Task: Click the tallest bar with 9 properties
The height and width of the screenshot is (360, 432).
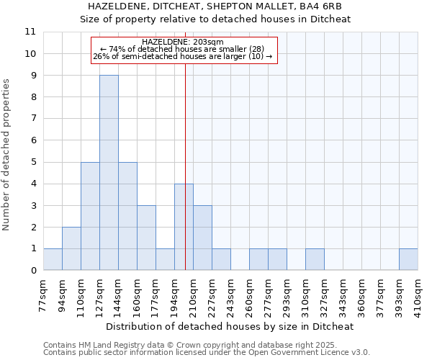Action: [109, 173]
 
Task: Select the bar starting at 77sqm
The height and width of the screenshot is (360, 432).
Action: [53, 259]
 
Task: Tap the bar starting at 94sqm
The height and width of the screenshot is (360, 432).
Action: [71, 248]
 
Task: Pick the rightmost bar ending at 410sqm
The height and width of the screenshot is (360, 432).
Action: [408, 259]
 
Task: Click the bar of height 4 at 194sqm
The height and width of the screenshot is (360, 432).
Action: [184, 227]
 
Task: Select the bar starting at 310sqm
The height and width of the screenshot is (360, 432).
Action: [315, 259]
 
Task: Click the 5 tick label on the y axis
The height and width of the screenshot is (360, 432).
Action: [32, 162]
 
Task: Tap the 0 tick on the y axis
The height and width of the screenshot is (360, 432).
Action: [32, 270]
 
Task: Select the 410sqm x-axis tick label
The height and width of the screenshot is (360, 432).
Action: [418, 294]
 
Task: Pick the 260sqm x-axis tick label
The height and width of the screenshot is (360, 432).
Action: [249, 294]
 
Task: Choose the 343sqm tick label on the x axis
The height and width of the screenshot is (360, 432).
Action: [343, 294]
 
